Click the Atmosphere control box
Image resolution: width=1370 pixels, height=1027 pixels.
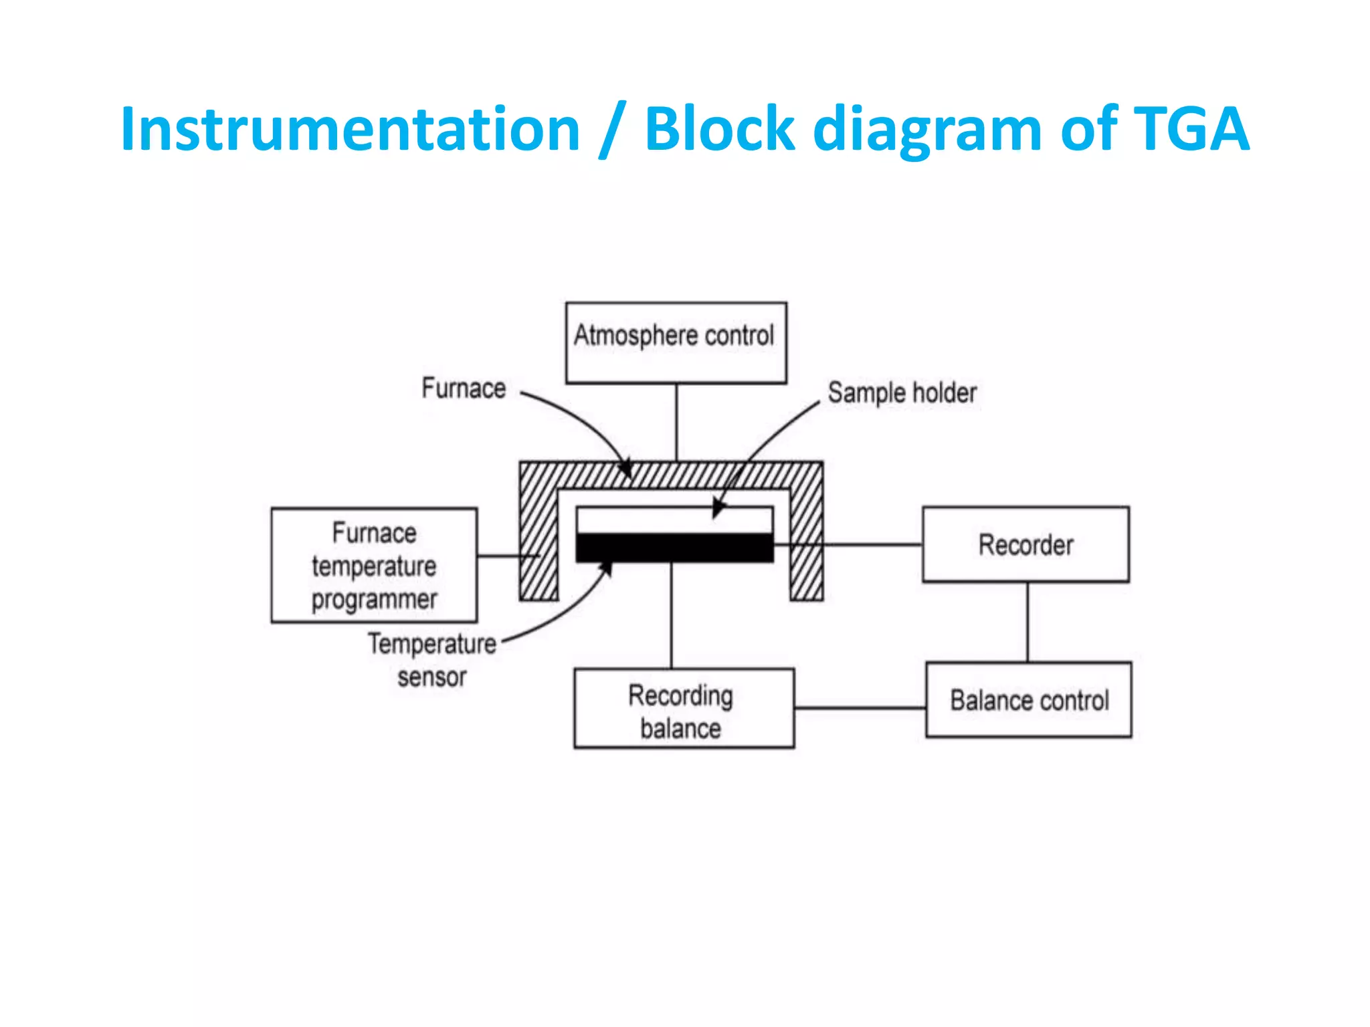tap(676, 342)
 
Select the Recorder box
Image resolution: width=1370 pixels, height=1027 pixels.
tap(1025, 544)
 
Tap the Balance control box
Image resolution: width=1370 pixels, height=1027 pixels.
tap(1029, 700)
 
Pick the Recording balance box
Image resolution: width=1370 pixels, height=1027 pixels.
tap(684, 708)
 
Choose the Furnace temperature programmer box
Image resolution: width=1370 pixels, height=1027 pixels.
tap(374, 566)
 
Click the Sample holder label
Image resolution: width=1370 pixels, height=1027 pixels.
tap(902, 392)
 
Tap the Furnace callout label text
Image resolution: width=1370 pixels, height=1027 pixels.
tap(464, 388)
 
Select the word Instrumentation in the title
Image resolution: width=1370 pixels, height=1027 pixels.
tap(350, 129)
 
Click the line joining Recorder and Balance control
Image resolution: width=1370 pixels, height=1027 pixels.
tap(1027, 622)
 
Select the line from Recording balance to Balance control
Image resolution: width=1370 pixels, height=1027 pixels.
tap(860, 707)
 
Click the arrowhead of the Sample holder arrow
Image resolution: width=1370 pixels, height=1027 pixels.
tap(717, 509)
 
